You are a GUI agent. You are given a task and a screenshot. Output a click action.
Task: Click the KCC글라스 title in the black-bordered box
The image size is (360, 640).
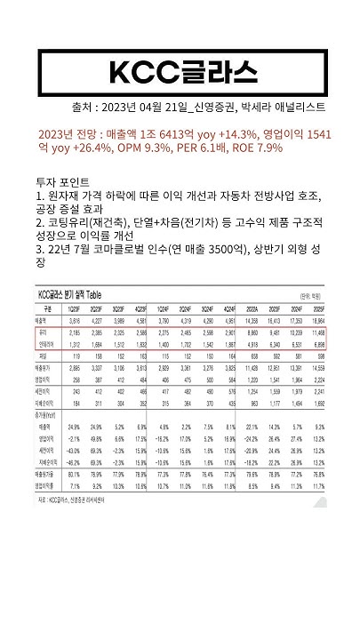[x=180, y=70]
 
